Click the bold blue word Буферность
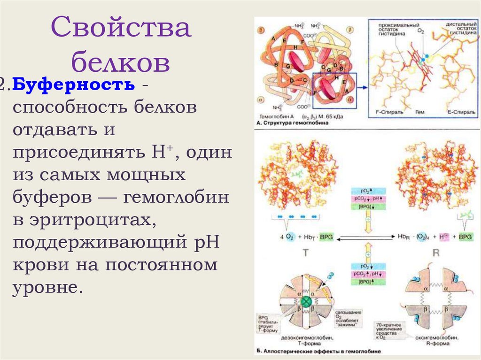coord(74,85)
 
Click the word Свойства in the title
coord(121,28)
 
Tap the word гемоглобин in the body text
coord(176,198)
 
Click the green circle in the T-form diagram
coord(307,301)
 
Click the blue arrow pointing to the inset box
coord(362,87)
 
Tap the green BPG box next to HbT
coord(325,237)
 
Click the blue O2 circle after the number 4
coord(290,237)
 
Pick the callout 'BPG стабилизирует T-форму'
coord(266,324)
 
